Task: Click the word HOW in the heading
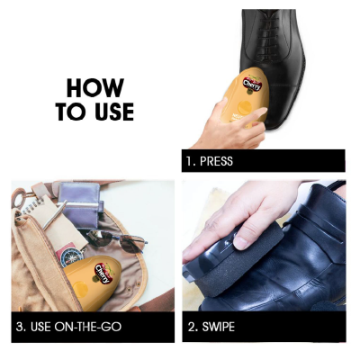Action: [x=95, y=88]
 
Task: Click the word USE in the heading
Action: [x=114, y=112]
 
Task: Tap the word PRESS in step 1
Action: [x=216, y=161]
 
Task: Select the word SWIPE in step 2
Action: [x=219, y=327]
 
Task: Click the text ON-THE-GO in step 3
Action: [x=88, y=327]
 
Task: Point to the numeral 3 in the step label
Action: [x=20, y=327]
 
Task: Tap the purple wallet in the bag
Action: [x=80, y=204]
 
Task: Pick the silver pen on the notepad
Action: [x=55, y=215]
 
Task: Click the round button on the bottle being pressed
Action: [x=245, y=107]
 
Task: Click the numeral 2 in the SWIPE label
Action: [x=192, y=327]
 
